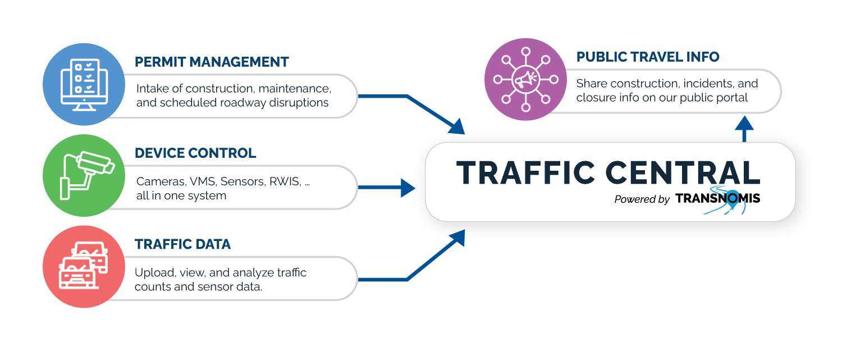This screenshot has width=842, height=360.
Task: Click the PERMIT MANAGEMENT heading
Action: (x=212, y=62)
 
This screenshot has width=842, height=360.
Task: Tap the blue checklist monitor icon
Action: (x=84, y=84)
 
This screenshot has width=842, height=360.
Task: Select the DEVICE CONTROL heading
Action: (x=195, y=153)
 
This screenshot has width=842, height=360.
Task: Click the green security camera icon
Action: (x=84, y=175)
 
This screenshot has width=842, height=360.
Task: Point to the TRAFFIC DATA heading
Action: (x=182, y=244)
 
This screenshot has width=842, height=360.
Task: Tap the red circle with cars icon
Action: (x=84, y=266)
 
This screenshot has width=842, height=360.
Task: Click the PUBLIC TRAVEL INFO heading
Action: (x=648, y=57)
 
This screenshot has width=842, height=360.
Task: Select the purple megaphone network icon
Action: (x=525, y=79)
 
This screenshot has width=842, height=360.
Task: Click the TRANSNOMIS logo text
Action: (x=717, y=198)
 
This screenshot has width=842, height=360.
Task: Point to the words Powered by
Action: (x=642, y=199)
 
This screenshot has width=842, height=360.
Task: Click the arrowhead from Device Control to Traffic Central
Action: (x=409, y=188)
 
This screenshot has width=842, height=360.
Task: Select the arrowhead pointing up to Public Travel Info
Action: (x=744, y=124)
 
